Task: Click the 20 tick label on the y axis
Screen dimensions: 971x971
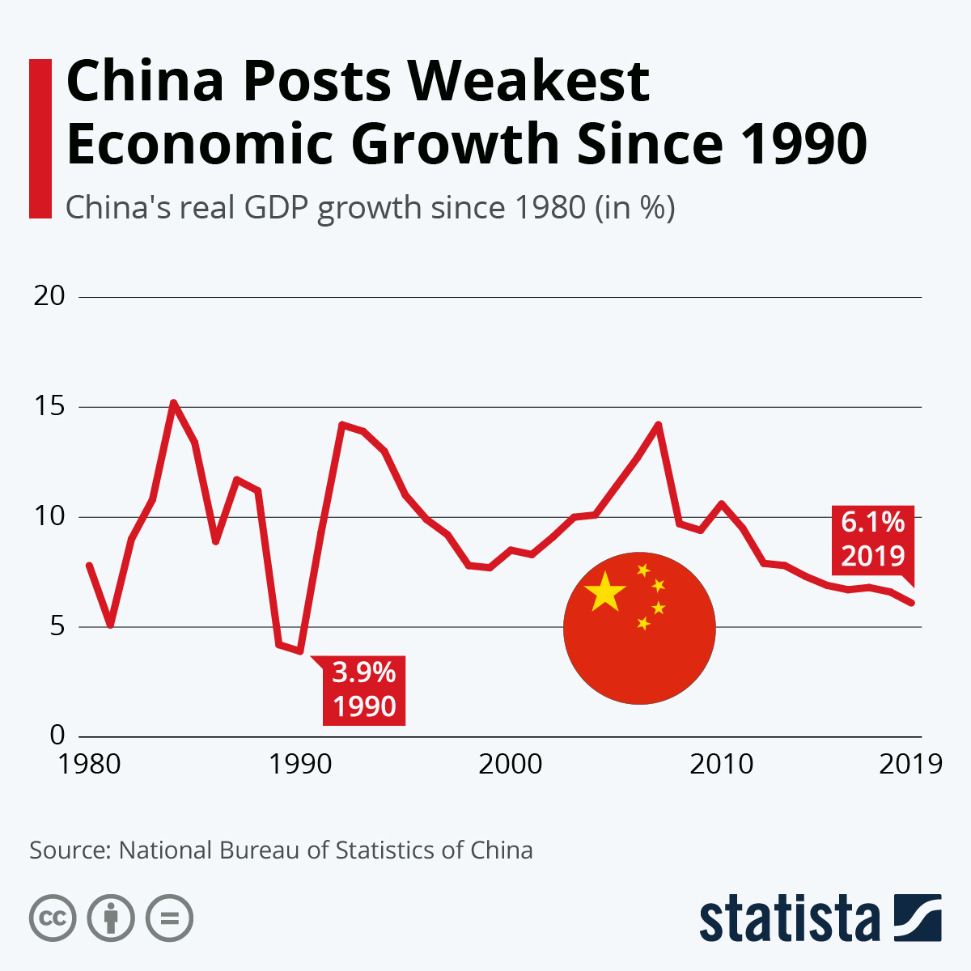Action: pos(49,296)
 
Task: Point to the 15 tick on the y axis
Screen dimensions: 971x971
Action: pos(49,406)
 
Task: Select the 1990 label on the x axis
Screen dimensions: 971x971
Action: pos(300,764)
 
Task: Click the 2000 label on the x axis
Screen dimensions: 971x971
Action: pos(511,764)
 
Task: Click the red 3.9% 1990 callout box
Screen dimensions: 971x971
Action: pos(364,690)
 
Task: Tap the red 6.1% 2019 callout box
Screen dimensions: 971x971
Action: pos(872,539)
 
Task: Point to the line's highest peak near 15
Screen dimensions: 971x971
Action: pos(173,402)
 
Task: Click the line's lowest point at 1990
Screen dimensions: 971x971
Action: pos(300,651)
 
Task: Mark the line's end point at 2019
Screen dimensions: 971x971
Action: pos(913,603)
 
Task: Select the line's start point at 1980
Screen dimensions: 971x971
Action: pos(88,565)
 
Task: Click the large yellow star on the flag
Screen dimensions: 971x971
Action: pos(605,592)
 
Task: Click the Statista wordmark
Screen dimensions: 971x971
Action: pos(789,919)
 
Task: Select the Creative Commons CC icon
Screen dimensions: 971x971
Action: pos(53,918)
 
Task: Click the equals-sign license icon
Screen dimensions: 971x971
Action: pos(169,918)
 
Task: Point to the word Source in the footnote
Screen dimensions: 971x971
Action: pos(68,850)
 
